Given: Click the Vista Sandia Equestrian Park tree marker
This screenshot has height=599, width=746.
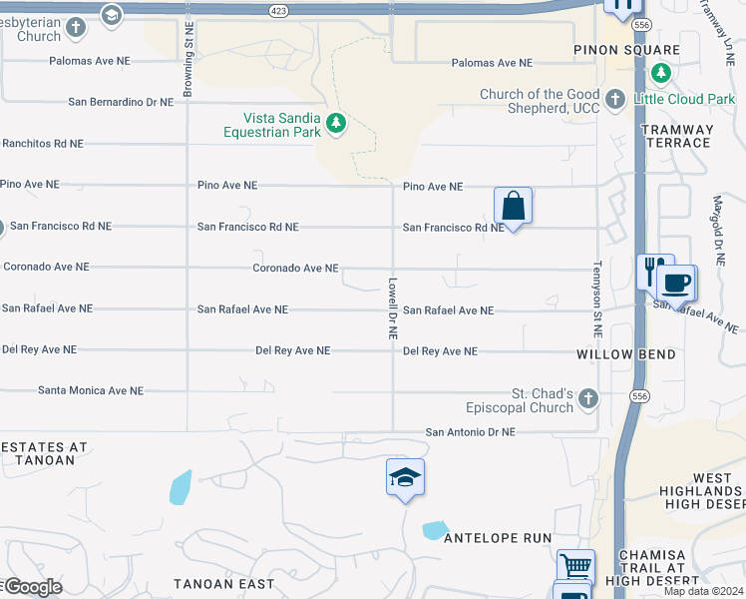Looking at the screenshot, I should click(x=337, y=124).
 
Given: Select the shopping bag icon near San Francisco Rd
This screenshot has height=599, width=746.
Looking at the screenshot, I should click(x=513, y=207).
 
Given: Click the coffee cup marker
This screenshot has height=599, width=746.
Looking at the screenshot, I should click(x=676, y=283).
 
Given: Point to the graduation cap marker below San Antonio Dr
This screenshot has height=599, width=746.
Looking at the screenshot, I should click(x=405, y=479).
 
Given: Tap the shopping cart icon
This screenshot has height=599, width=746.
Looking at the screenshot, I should click(x=575, y=567).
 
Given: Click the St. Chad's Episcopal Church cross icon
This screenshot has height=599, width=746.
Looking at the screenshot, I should click(x=588, y=399).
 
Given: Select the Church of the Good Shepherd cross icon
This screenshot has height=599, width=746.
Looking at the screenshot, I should click(x=615, y=99).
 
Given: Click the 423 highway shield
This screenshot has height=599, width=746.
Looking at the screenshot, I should click(x=278, y=10).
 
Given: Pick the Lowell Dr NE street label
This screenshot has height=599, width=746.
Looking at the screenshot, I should click(x=393, y=308).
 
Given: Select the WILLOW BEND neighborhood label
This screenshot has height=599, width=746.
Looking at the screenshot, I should click(x=626, y=354).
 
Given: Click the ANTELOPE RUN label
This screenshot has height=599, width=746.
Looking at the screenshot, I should click(x=498, y=538).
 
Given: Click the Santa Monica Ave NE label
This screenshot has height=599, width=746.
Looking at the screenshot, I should click(x=91, y=391).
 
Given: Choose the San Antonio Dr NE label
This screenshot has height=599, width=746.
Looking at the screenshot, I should click(x=471, y=432).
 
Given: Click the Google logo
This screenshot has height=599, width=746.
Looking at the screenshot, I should click(x=32, y=587).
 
